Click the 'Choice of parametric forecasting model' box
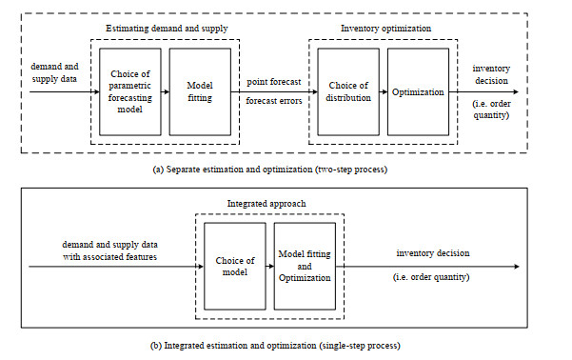129,91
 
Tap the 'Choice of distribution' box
346,91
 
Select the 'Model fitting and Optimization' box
305,265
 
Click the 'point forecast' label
275,82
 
